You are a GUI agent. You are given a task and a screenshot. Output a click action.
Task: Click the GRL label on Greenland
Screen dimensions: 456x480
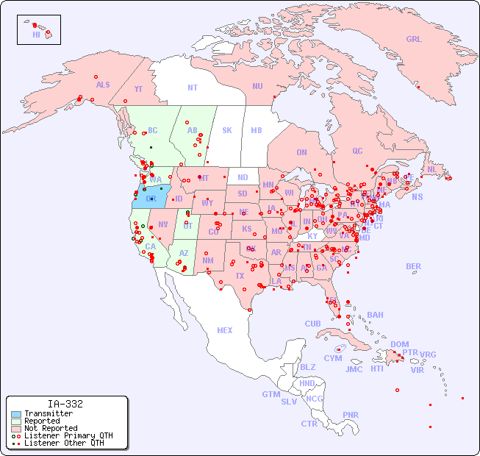(x=414, y=39)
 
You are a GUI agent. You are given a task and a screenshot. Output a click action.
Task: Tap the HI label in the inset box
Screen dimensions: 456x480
(x=36, y=35)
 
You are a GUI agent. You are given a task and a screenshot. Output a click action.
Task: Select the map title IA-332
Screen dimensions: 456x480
(x=65, y=404)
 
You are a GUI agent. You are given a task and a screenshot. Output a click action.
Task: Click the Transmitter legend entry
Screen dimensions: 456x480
(x=48, y=414)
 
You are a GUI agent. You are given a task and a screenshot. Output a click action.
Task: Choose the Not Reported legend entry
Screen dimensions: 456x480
(x=50, y=428)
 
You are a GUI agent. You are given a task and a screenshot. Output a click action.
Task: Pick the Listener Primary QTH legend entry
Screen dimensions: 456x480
(x=68, y=435)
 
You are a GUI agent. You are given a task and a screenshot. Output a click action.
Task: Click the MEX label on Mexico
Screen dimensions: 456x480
(x=225, y=330)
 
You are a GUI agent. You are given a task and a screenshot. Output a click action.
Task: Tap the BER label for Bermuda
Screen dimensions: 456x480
(x=413, y=266)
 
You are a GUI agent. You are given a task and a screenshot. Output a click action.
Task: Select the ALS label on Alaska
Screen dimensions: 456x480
(x=103, y=85)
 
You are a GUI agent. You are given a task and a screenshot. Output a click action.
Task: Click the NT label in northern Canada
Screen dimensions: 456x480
(x=193, y=87)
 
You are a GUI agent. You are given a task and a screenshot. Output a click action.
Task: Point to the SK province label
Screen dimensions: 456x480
(x=227, y=130)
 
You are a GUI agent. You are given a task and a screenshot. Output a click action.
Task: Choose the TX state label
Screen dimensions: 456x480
(x=240, y=276)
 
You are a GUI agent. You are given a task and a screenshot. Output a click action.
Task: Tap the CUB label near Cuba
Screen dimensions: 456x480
(x=313, y=324)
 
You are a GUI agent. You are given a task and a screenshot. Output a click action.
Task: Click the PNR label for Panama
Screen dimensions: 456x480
(x=351, y=415)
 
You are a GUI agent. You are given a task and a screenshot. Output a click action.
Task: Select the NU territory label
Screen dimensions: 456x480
(x=257, y=86)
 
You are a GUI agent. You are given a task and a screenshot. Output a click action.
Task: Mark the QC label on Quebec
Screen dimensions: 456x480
(x=357, y=151)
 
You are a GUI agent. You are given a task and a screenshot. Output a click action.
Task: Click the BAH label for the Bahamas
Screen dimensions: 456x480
(x=375, y=315)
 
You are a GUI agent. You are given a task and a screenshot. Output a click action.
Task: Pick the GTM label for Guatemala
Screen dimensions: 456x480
(x=271, y=394)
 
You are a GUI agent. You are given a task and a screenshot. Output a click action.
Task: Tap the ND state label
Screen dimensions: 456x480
(x=243, y=177)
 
